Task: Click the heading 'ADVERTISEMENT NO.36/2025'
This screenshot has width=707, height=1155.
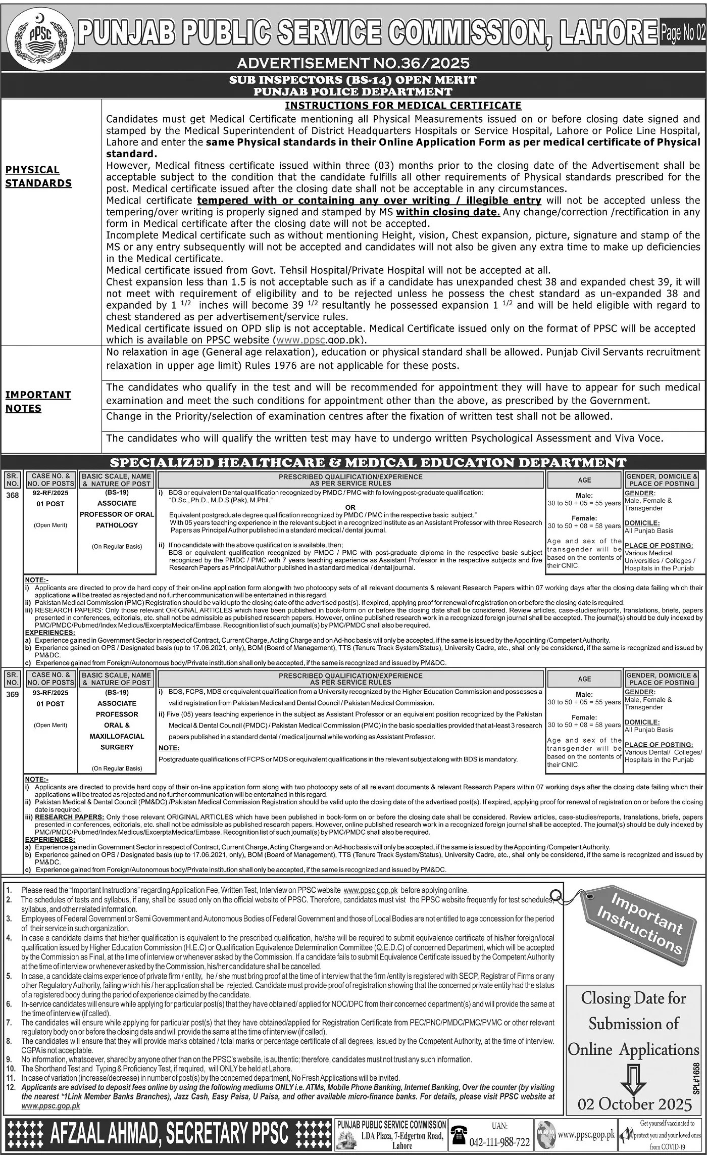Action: point(353,63)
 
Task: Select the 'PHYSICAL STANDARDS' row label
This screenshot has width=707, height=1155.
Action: point(38,176)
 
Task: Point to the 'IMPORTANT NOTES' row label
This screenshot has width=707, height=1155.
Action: point(38,401)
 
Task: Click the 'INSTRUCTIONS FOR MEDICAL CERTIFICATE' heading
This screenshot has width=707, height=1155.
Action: point(403,106)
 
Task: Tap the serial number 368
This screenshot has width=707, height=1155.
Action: point(12,496)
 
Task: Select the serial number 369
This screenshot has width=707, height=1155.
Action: point(12,695)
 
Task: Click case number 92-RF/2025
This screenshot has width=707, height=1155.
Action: point(50,493)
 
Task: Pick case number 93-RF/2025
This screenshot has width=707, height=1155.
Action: point(50,692)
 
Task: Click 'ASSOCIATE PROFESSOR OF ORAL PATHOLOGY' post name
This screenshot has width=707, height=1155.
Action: point(117,514)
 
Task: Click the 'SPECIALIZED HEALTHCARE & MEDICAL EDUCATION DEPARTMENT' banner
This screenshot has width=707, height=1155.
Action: point(368,462)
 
